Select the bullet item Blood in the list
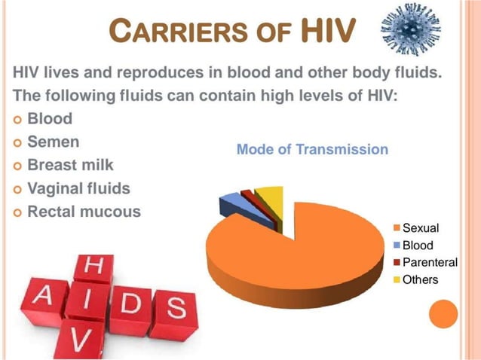[x=50, y=119]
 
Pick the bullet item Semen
[x=53, y=142]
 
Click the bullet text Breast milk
[x=70, y=164]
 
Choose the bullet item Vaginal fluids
[x=78, y=188]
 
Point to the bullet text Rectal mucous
[x=84, y=212]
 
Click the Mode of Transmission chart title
[x=312, y=149]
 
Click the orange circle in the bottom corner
[x=443, y=315]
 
